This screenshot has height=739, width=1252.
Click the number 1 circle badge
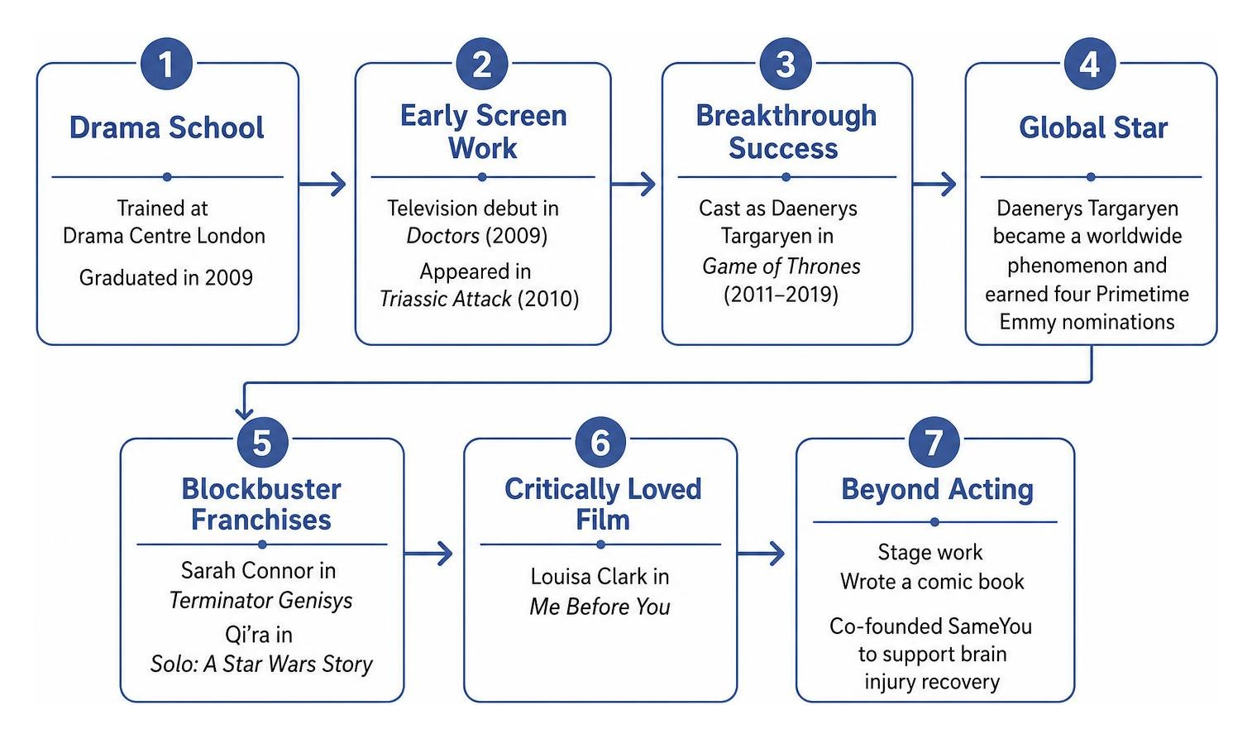click(x=166, y=64)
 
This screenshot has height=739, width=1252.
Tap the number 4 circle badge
click(x=1090, y=64)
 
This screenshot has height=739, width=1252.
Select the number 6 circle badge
click(x=600, y=442)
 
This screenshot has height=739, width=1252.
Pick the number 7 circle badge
click(x=934, y=442)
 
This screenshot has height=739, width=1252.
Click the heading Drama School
click(x=166, y=127)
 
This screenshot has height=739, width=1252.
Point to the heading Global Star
click(x=1093, y=127)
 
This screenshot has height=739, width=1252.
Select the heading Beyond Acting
click(x=937, y=490)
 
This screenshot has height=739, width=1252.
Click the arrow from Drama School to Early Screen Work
click(x=323, y=184)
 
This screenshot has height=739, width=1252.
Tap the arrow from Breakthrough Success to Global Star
click(x=934, y=184)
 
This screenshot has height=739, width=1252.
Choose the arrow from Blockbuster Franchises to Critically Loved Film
click(x=428, y=554)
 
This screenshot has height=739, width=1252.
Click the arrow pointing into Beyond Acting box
click(x=762, y=554)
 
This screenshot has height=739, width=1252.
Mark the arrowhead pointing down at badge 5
click(x=244, y=413)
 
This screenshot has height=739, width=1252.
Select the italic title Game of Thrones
click(x=781, y=266)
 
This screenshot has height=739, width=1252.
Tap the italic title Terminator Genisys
click(x=260, y=601)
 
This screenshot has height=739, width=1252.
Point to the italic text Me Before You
click(x=600, y=607)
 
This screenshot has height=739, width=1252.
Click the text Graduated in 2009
click(x=166, y=277)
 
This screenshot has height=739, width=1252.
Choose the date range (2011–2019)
click(x=781, y=295)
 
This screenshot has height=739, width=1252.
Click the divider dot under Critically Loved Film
click(x=600, y=545)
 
